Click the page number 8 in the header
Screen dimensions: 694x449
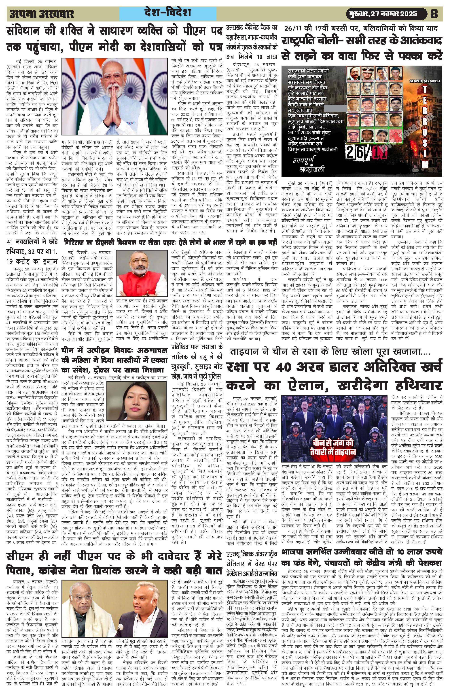(434, 14)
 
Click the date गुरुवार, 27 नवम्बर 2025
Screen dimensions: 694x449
(381, 14)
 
